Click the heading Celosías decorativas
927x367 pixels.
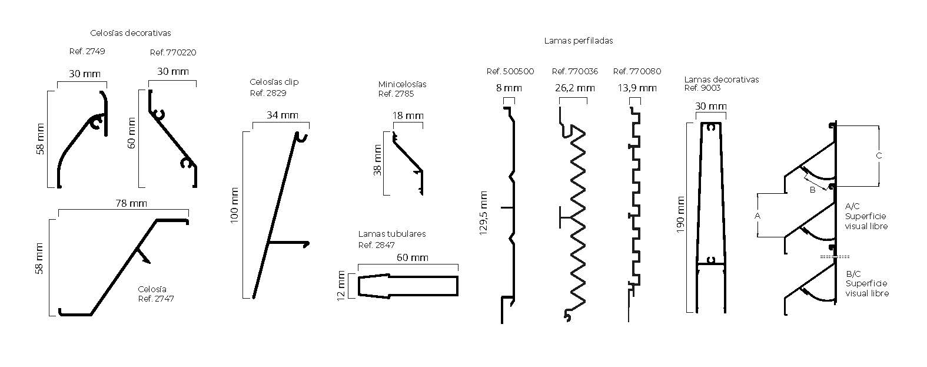pos(131,33)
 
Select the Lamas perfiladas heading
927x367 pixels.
pos(579,41)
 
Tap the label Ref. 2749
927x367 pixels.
pos(87,51)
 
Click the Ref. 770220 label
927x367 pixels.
pos(173,52)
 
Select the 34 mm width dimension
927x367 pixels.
pos(282,115)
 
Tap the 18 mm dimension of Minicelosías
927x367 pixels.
pos(407,115)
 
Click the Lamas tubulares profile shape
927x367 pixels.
pos(407,286)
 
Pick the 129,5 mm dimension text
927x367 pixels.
pos(484,213)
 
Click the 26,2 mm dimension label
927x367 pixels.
pos(574,88)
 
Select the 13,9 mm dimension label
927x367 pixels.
pos(637,88)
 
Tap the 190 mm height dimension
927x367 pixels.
pos(680,214)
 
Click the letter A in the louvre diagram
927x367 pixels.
pos(757,216)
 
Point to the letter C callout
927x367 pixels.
pos(879,156)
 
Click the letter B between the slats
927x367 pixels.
pos(812,190)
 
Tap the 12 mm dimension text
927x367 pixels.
pos(340,286)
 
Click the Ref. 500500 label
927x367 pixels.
pos(510,71)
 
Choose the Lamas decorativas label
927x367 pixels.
pos(722,80)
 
